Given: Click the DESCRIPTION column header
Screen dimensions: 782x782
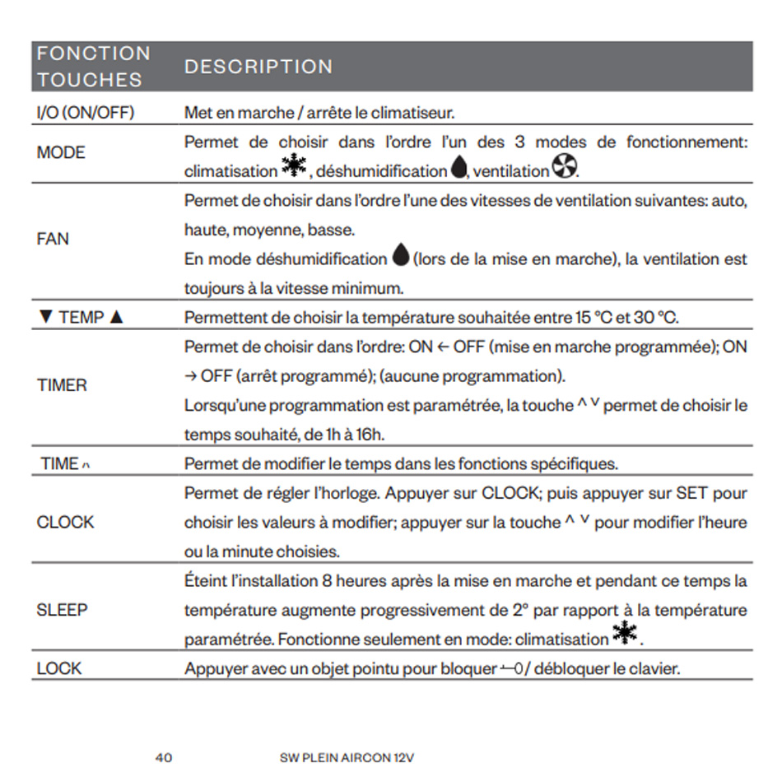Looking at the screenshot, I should click(x=258, y=67).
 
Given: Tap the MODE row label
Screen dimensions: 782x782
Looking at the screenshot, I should click(x=61, y=152).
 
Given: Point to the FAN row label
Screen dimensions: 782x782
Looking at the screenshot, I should click(x=53, y=239).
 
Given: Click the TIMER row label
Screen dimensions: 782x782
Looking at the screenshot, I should click(x=62, y=385).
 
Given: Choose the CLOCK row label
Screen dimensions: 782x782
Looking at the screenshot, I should click(x=65, y=522).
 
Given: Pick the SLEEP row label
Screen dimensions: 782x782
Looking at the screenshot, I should click(x=62, y=610).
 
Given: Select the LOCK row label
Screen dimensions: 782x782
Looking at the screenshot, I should click(x=58, y=668).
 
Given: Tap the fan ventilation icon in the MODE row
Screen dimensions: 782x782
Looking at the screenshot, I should click(x=564, y=169).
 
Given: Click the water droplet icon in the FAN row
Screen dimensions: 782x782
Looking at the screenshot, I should click(x=401, y=257).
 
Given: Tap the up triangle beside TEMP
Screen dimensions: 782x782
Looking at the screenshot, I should click(x=116, y=318).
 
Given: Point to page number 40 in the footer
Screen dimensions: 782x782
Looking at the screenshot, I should click(x=164, y=757).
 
